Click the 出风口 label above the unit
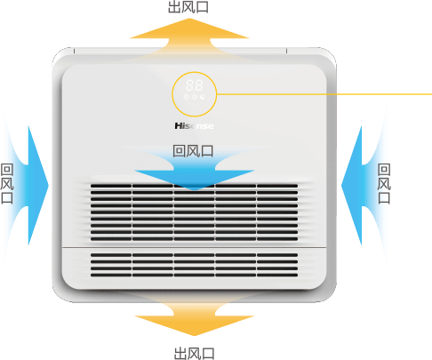coord(188,6)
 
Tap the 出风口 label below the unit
coord(194,354)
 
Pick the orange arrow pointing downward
coord(195,318)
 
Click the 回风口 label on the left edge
coord(7,184)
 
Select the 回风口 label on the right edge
coord(384,184)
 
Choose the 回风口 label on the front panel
coord(193,151)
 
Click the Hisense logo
coord(194,126)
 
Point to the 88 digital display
coord(195,85)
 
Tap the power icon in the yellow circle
coord(194,97)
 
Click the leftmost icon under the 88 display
coord(186,97)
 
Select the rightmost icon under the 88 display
coord(202,97)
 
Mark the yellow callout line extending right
coord(324,94)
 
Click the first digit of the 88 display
coord(190,85)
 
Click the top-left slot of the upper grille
coord(111,186)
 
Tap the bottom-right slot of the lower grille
coord(277,275)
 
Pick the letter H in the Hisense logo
coord(179,126)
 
